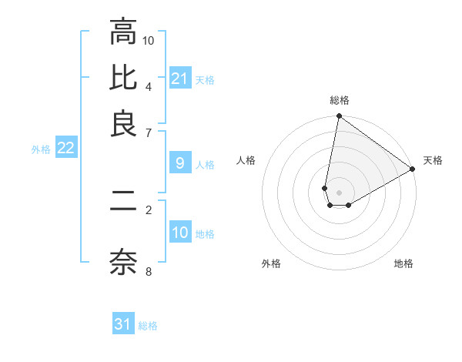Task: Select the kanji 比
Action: pos(123,77)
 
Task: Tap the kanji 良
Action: pos(123,123)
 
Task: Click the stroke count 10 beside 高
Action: pos(149,39)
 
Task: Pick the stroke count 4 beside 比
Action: pos(149,85)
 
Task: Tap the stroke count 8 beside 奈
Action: pos(149,270)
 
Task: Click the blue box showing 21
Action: pos(180,79)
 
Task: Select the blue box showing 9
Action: pos(180,163)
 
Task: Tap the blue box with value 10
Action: pos(180,233)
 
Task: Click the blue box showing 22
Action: pos(65,148)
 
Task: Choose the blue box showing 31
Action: pos(123,324)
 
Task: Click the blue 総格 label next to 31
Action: pos(148,326)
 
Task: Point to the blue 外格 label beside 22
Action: pos(40,149)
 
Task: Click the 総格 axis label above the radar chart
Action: pos(340,100)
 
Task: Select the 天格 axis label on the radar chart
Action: pos(433,160)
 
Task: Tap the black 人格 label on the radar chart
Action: pos(246,160)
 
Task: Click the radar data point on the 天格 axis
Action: pos(413,169)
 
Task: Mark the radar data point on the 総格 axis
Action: pos(339,117)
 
